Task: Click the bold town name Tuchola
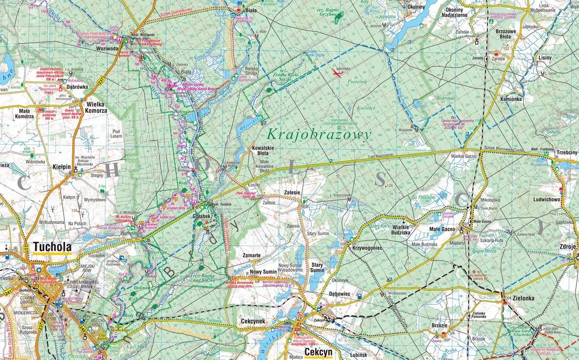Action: point(51,248)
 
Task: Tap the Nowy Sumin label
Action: point(263,272)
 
